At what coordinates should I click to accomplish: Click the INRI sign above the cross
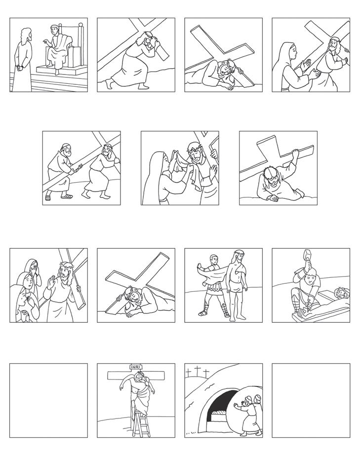pyautogui.click(x=135, y=367)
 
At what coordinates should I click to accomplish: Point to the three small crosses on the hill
pyautogui.click(x=199, y=371)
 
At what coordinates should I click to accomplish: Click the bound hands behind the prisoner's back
pyautogui.click(x=20, y=68)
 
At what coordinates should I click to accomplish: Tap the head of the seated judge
pyautogui.click(x=54, y=30)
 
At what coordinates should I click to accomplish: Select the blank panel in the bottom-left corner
pyautogui.click(x=48, y=400)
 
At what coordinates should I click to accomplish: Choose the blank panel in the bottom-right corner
pyautogui.click(x=311, y=400)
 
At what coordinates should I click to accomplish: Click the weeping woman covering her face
pyautogui.click(x=33, y=272)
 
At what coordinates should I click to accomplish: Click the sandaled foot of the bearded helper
pyautogui.click(x=67, y=196)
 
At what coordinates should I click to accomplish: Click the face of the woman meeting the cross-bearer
pyautogui.click(x=294, y=52)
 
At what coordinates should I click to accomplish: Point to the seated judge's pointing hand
pyautogui.click(x=45, y=41)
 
